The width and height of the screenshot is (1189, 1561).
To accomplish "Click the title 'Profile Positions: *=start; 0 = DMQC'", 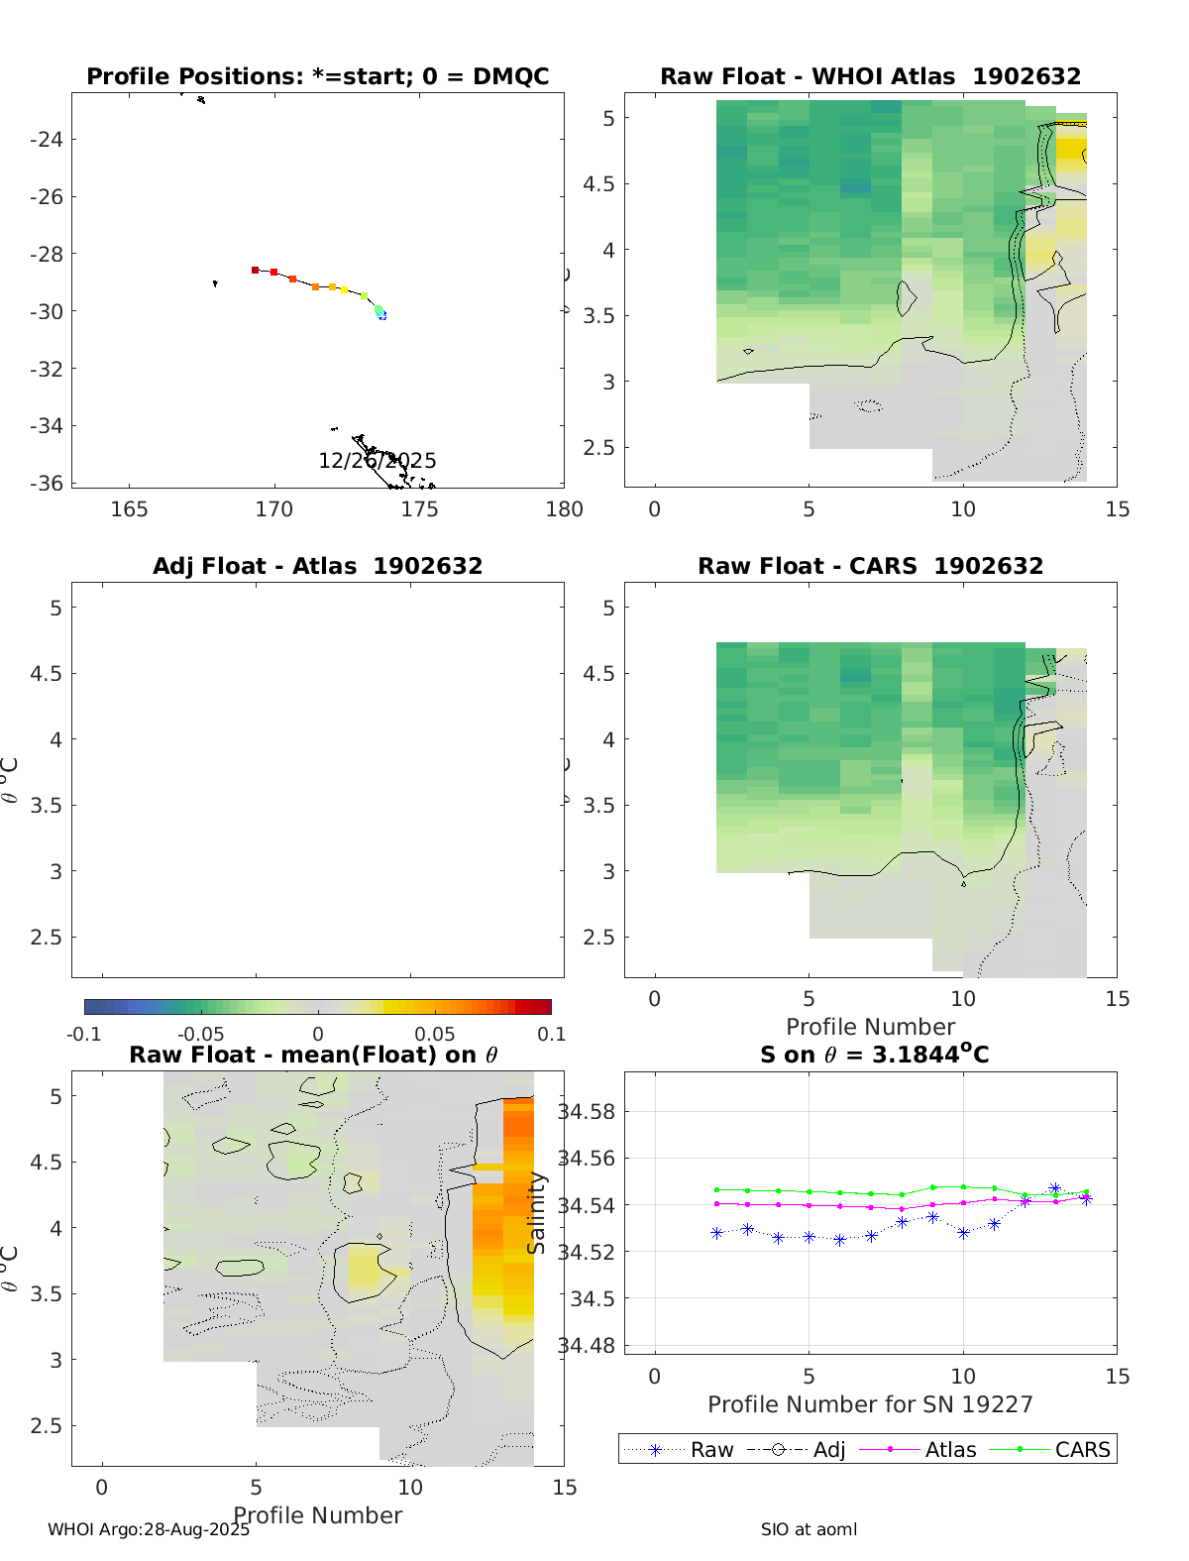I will tap(317, 77).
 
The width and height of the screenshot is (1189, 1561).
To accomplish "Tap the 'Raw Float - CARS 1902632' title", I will tap(870, 567).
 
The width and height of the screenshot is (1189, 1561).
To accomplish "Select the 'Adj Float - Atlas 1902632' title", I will tap(317, 567).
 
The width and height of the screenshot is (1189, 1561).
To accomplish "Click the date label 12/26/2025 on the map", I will tap(377, 461).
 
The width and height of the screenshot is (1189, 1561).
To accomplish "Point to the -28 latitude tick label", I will tap(47, 255).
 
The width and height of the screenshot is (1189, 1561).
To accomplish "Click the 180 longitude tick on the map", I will tap(564, 509).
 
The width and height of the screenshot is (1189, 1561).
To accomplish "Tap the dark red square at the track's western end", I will tap(255, 270).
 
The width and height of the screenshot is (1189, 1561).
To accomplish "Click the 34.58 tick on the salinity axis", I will tap(586, 1112).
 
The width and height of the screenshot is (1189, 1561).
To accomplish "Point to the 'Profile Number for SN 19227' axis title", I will tap(870, 1404).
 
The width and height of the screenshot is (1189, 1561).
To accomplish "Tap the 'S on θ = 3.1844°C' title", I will tap(874, 1055).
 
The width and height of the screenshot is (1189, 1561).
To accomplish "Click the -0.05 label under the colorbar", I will tap(200, 1035).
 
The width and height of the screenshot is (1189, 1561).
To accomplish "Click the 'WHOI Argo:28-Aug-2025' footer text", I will tap(149, 1530).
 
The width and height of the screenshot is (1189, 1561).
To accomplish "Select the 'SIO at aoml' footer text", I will tap(809, 1530).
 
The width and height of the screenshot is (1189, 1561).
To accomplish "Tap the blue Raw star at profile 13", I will tap(1055, 1188).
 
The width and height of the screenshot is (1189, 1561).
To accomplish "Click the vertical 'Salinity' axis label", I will tap(537, 1213).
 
